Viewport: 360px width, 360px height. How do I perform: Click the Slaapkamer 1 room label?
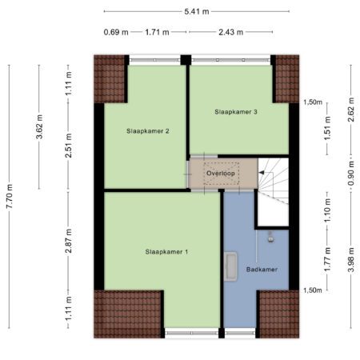coord(166,252)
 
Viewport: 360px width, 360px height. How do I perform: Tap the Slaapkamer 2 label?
coord(148,131)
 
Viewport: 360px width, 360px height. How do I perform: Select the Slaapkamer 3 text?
coord(236,112)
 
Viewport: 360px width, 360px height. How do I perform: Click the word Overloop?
coord(221,174)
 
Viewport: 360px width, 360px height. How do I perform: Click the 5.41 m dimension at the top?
coord(197,11)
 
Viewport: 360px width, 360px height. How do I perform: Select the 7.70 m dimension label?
coord(10,197)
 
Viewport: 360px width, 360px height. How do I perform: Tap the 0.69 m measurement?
coord(116,32)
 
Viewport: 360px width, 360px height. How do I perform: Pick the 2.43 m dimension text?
coord(231,32)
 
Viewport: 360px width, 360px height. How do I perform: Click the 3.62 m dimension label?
coord(39,126)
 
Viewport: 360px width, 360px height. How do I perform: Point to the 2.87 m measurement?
coord(69,241)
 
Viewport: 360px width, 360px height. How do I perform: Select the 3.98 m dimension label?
coord(351,260)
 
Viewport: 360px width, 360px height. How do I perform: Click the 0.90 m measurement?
coord(351,174)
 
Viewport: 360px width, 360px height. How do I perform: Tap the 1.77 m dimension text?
coord(327,259)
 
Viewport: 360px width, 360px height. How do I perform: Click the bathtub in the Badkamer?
coord(230,266)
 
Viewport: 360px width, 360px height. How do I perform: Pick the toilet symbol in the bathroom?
coord(271,237)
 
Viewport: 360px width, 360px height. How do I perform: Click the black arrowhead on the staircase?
coord(262,173)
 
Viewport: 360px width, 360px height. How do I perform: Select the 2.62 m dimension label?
coord(351,110)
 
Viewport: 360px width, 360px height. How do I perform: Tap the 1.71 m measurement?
coord(157,32)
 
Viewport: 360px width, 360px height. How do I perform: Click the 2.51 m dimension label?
coord(69,146)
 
